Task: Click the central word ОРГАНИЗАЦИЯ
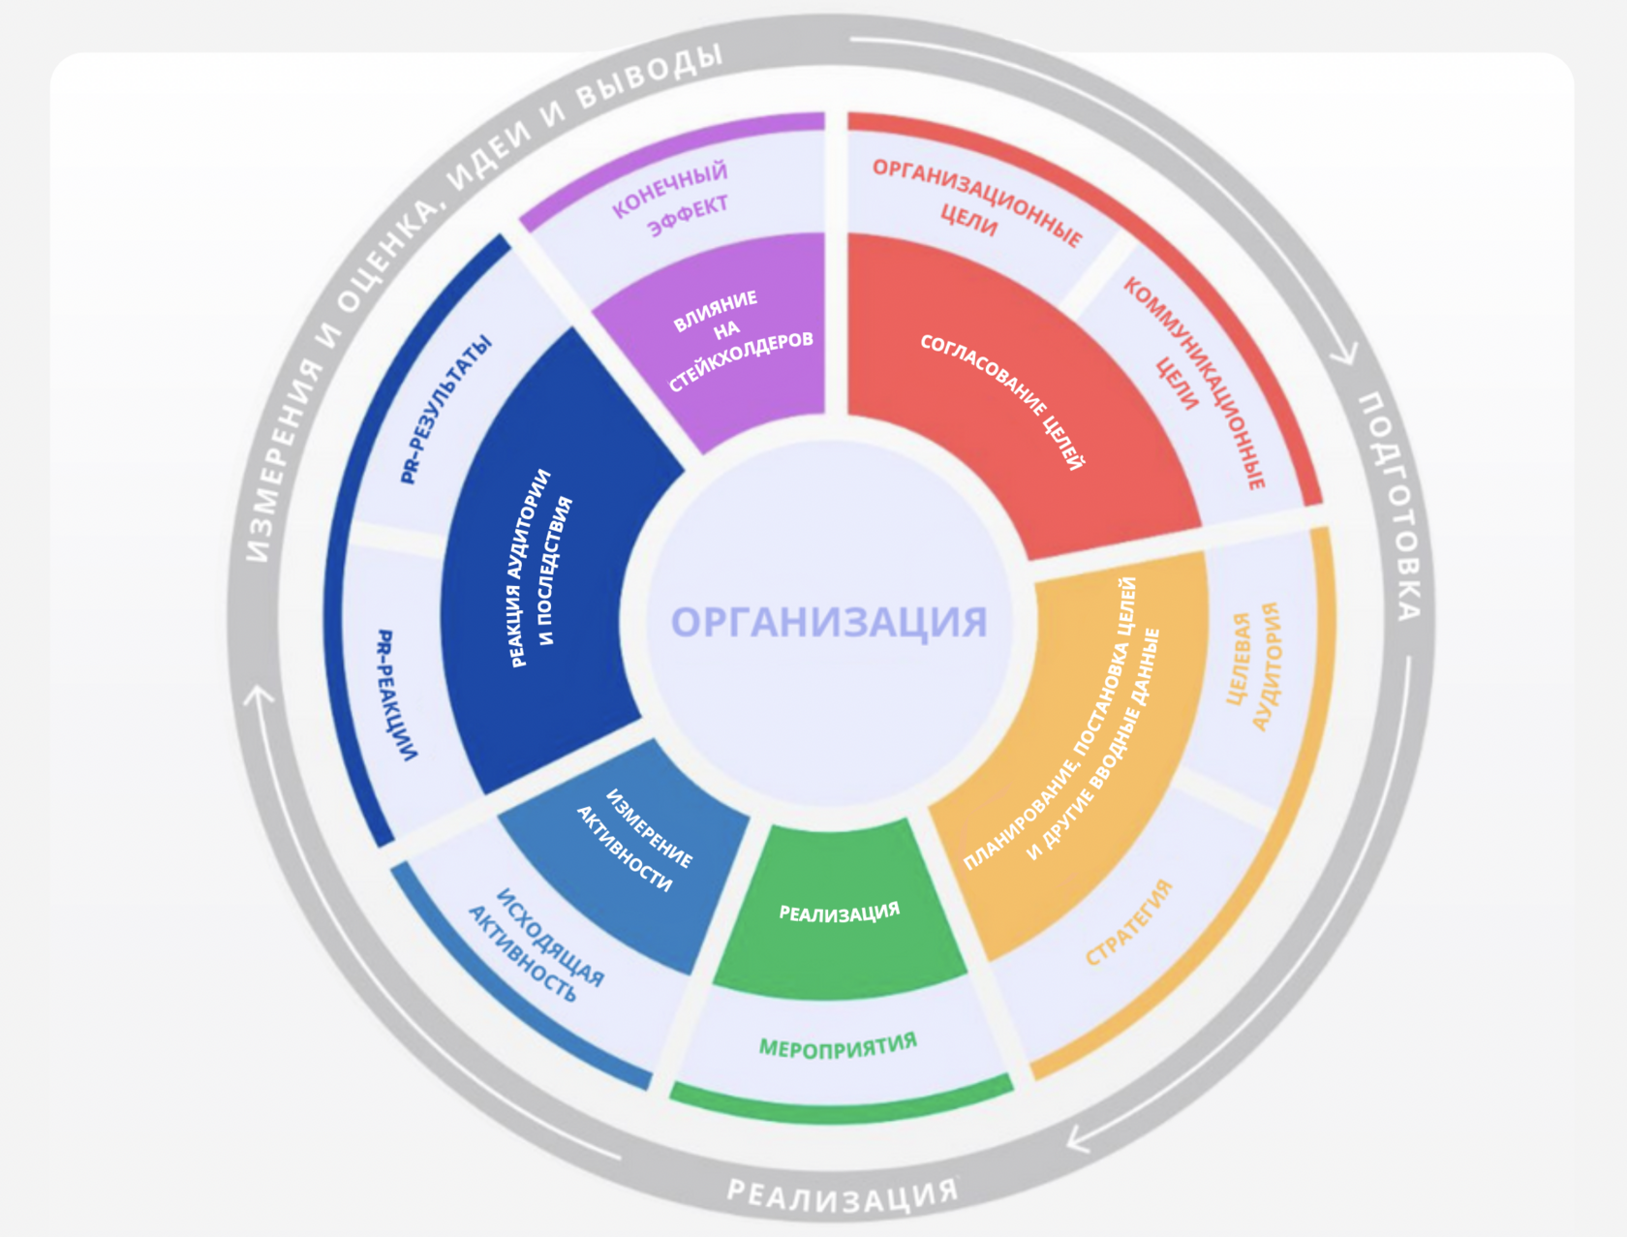tap(829, 622)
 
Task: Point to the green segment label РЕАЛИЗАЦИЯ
tap(840, 912)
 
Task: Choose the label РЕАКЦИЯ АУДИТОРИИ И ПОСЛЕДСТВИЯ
tap(541, 569)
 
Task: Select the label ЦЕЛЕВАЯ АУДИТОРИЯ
tap(1255, 666)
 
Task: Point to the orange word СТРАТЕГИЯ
tap(1128, 922)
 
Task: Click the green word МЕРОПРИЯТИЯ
tap(838, 1046)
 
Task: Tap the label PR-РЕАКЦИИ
tap(397, 695)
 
